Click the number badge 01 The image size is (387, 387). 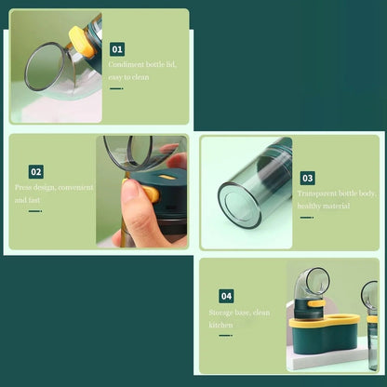(117, 49)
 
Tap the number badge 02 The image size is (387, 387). (36, 172)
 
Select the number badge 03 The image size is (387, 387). (308, 178)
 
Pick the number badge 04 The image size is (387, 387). (226, 296)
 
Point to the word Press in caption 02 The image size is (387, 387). (22, 188)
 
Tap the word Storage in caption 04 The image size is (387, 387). (220, 313)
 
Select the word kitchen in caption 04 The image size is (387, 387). (220, 325)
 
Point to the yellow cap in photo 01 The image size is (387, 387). (82, 42)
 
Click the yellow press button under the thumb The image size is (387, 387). (150, 193)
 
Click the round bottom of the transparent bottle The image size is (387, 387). (239, 205)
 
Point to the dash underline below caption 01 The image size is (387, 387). (116, 88)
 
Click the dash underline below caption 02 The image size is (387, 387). (35, 211)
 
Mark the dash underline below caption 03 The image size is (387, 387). (307, 218)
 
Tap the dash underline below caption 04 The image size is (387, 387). (226, 335)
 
